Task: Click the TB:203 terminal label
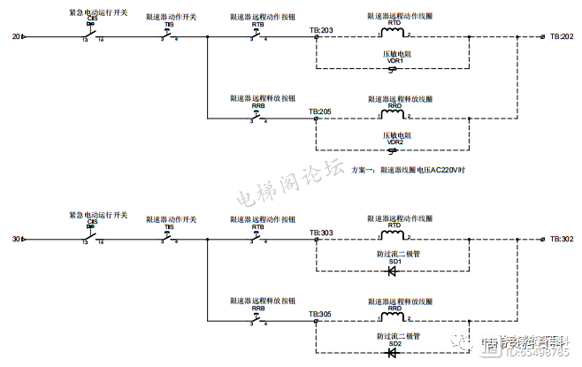[321, 30]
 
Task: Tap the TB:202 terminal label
[562, 37]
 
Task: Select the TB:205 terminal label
[321, 111]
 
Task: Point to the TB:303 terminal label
[321, 233]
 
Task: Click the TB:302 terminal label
[562, 240]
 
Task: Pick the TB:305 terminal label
[321, 314]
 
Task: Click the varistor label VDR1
[394, 60]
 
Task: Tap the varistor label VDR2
[394, 141]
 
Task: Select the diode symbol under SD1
[393, 271]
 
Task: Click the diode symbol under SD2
[393, 352]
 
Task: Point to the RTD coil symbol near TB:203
[393, 33]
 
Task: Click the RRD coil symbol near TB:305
[393, 317]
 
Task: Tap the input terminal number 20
[15, 37]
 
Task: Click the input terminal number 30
[15, 240]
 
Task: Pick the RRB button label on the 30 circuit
[257, 307]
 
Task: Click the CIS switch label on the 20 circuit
[90, 23]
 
